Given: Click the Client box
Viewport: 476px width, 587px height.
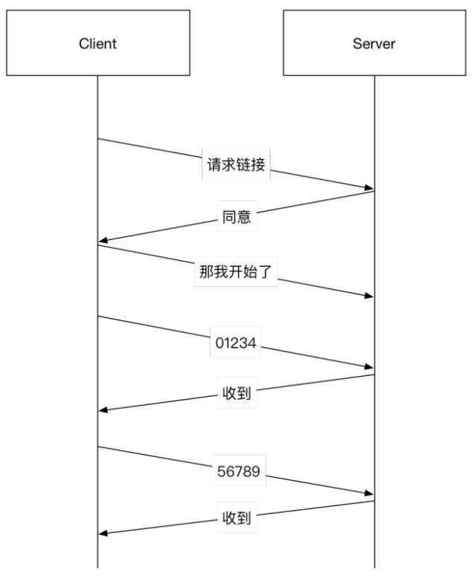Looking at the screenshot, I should tap(97, 43).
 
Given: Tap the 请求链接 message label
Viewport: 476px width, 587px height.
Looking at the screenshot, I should tap(236, 165).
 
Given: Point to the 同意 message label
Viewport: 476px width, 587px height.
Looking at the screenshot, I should tap(237, 218).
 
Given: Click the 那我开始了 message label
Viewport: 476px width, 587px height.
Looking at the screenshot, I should tap(237, 272).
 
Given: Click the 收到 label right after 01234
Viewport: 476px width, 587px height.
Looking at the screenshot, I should tap(237, 393).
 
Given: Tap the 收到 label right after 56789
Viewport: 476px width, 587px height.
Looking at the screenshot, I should tap(237, 518).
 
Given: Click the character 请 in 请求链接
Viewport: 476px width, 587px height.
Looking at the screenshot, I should tap(213, 165).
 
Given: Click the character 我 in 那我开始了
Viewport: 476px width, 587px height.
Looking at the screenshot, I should tap(222, 272).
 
